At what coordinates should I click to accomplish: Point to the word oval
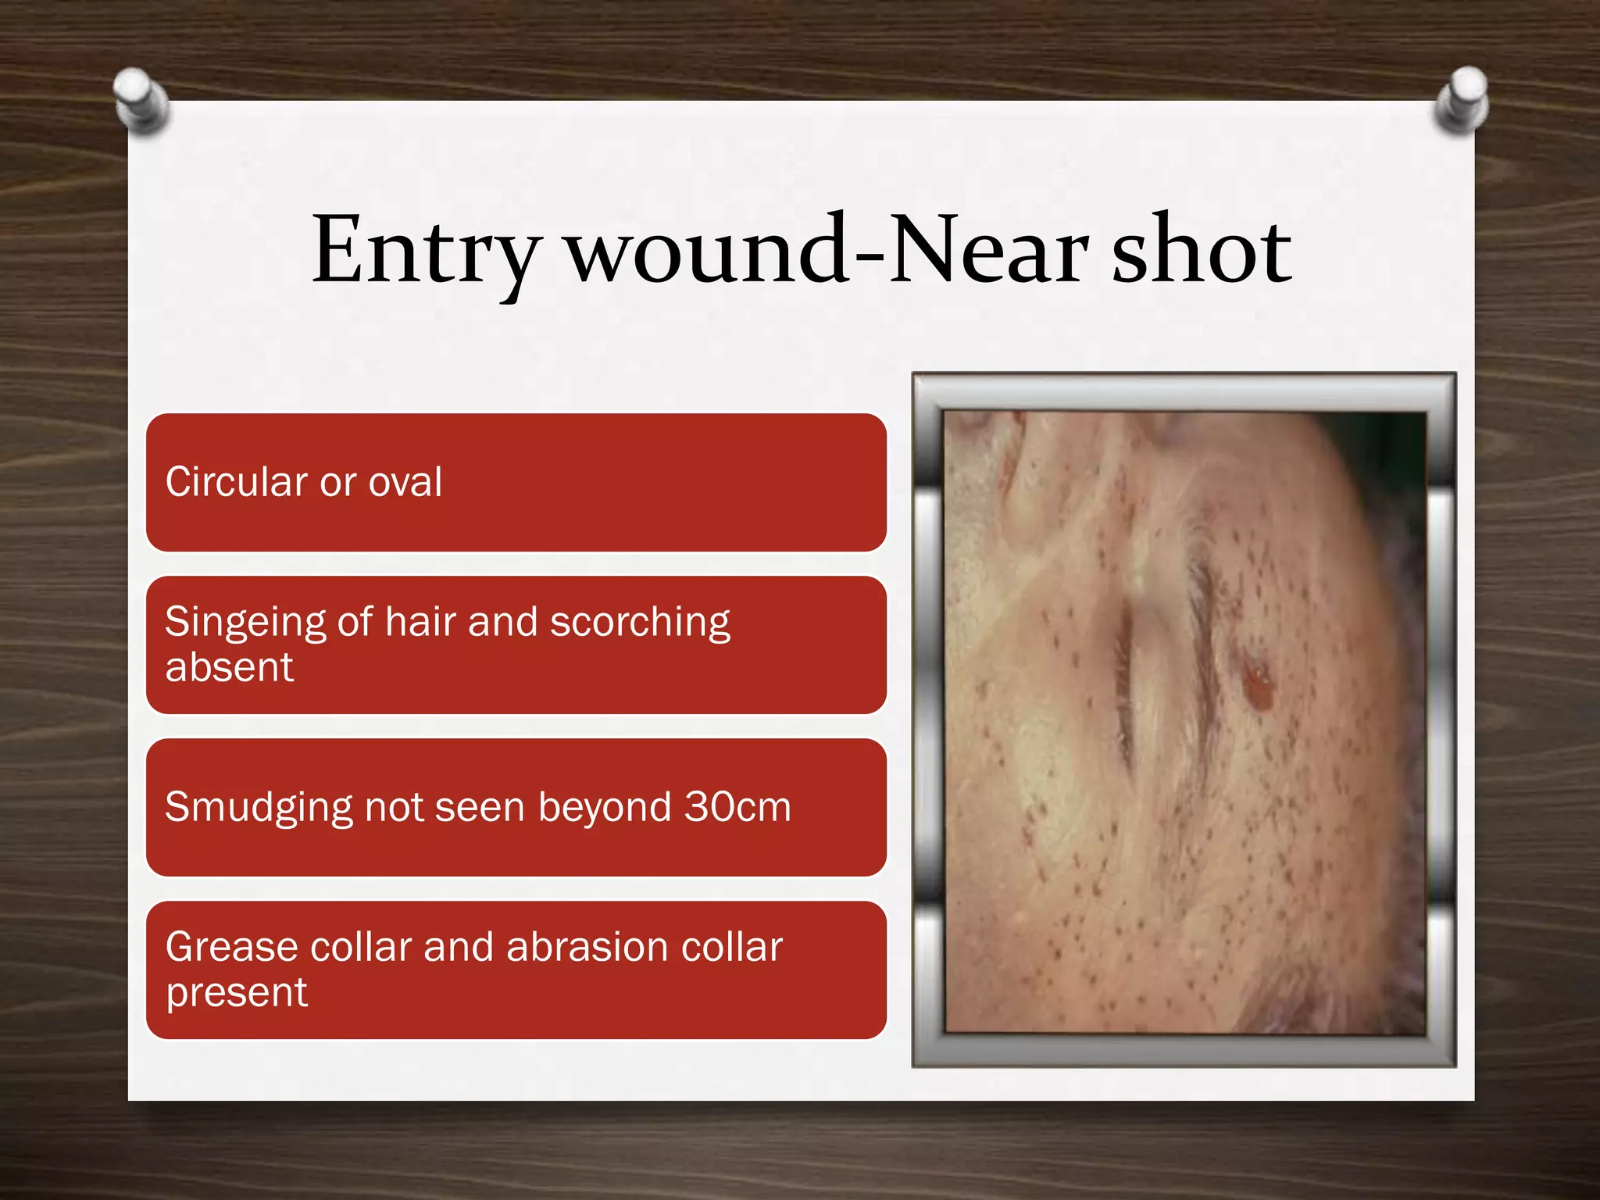(405, 481)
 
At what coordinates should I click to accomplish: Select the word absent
(229, 668)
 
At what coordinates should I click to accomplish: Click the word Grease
(231, 947)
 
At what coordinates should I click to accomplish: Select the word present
(237, 993)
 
